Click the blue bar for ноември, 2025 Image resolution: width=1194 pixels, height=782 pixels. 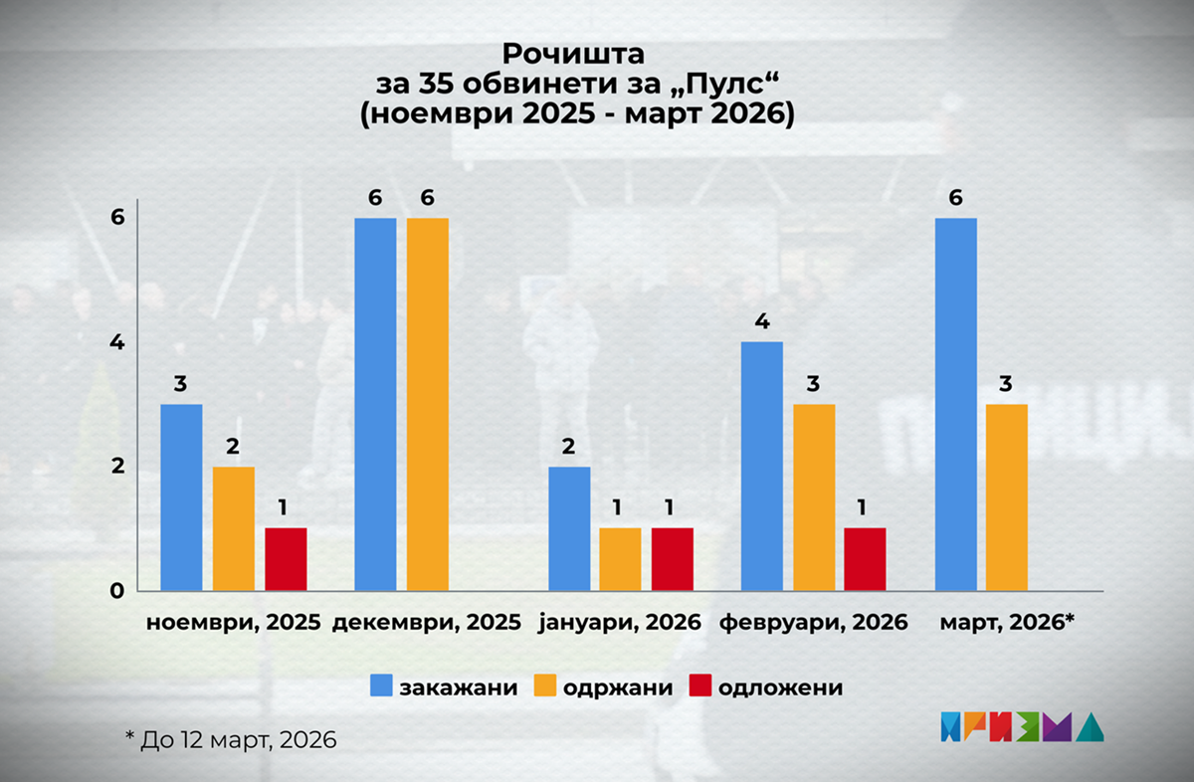tap(181, 497)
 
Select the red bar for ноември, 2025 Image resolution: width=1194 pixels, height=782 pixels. tap(286, 560)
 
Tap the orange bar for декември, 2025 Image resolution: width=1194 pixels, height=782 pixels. tap(428, 404)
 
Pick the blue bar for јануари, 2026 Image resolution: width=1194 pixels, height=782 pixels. tap(568, 528)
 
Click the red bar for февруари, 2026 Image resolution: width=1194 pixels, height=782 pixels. tap(865, 560)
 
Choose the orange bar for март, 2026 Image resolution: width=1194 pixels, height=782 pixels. tap(1007, 497)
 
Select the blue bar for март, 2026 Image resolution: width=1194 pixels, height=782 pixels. tap(956, 404)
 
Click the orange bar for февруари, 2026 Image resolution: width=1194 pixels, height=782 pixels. tap(814, 497)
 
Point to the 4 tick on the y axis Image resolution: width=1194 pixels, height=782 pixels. tap(116, 342)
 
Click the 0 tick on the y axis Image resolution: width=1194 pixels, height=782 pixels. tap(116, 591)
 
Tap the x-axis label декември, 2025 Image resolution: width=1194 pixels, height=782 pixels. tap(427, 624)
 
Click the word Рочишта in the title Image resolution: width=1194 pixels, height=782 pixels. tap(574, 52)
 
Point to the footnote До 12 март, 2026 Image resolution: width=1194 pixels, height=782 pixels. tap(230, 740)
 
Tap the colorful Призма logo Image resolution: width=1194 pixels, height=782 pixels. tap(1021, 727)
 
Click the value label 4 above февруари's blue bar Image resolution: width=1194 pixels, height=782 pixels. tap(762, 321)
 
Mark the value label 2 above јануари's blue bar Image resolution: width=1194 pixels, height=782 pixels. tap(568, 447)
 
